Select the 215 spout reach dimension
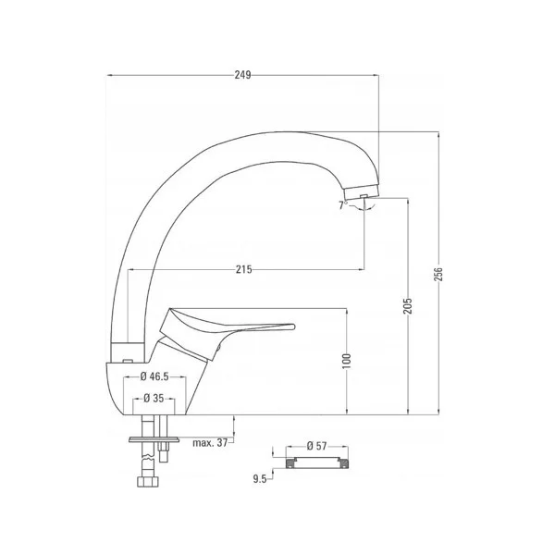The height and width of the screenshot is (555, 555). click(243, 269)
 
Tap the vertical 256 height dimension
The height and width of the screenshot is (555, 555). click(439, 275)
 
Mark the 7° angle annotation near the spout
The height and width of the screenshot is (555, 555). click(343, 204)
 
